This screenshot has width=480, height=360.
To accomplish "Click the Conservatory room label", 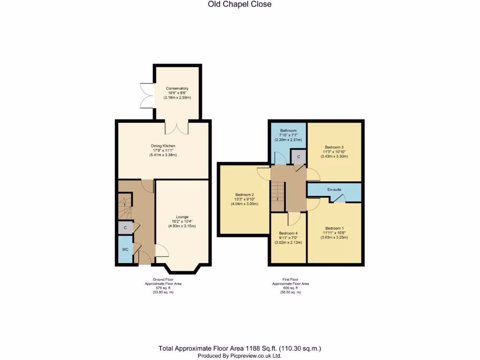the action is pos(177,89).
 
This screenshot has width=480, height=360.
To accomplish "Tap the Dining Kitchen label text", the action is pos(163,146).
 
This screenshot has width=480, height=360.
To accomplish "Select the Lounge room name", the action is pos(182,217).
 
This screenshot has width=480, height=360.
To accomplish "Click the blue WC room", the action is pos(126,249).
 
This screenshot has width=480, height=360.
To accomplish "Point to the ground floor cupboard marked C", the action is pos(126,228).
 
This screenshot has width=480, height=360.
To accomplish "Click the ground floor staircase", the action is pos(125,206).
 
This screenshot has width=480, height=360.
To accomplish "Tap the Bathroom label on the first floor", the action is pos(288,131).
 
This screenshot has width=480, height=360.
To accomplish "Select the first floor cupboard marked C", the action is pos(299,157).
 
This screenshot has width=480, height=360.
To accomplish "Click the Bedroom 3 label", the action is pos(334,147).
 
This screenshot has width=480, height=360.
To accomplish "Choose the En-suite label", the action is pos(334,190).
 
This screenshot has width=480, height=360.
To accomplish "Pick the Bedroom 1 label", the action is pos(334,228).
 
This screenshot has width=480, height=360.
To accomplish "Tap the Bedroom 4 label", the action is pos(288,233).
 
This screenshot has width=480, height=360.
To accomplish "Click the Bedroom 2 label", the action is pos(245,195).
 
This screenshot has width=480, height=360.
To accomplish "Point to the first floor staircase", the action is pos(278,196).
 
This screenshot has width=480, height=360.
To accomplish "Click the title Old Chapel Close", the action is pos(240,4).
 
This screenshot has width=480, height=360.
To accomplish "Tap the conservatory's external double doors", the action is pos(147,95).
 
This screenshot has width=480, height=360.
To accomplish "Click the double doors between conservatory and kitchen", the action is pos(177,128).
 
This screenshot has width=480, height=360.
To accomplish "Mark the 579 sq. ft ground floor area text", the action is pos(163,288).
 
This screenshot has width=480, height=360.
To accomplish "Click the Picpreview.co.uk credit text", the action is pos(240,356).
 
